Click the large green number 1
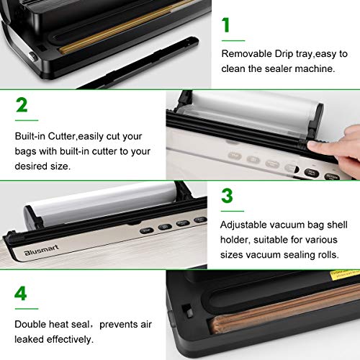click(x=226, y=25)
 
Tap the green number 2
click(x=22, y=105)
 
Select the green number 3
click(x=227, y=197)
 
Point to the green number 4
click(x=22, y=293)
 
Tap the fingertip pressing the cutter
click(x=315, y=146)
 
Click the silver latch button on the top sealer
click(x=31, y=55)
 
